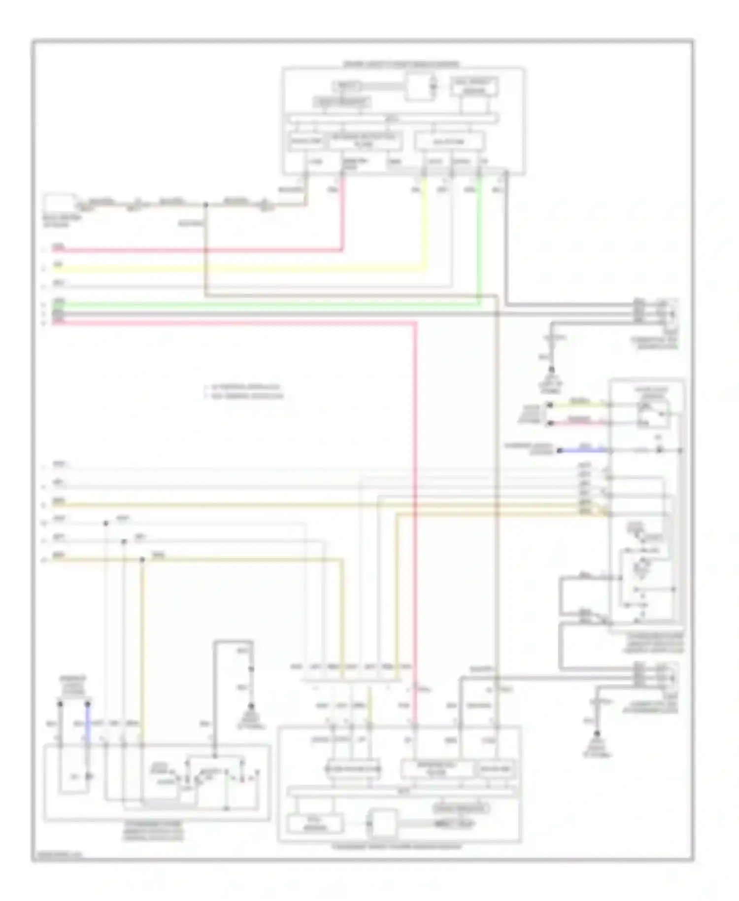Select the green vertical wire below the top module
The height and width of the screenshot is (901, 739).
pos(479,237)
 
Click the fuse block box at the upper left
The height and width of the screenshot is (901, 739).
pos(59,204)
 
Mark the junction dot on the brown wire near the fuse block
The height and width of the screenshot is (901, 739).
pos(205,204)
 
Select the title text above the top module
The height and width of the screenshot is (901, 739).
pos(401,64)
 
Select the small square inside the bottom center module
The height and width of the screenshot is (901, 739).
pos(384,823)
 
